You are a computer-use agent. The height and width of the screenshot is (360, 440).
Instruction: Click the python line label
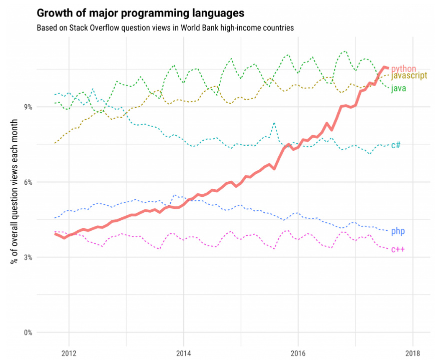point(403,68)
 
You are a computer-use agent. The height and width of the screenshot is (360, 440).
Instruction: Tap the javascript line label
point(409,76)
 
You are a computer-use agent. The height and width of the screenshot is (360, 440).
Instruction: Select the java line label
point(398,88)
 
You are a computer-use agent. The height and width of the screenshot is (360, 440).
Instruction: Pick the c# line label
point(395,145)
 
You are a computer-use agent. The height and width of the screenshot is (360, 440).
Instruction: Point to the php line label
point(398,231)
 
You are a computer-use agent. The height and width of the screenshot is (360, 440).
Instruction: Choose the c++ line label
point(398,249)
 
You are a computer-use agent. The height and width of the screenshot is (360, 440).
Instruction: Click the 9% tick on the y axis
point(28,107)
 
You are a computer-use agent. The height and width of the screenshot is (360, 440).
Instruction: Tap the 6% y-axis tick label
point(28,182)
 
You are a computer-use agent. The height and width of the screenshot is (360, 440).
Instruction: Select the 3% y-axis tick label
point(28,257)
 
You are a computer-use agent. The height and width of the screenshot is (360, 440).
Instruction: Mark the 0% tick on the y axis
point(28,332)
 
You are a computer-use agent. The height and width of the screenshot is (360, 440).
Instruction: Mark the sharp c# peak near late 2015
point(274,123)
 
